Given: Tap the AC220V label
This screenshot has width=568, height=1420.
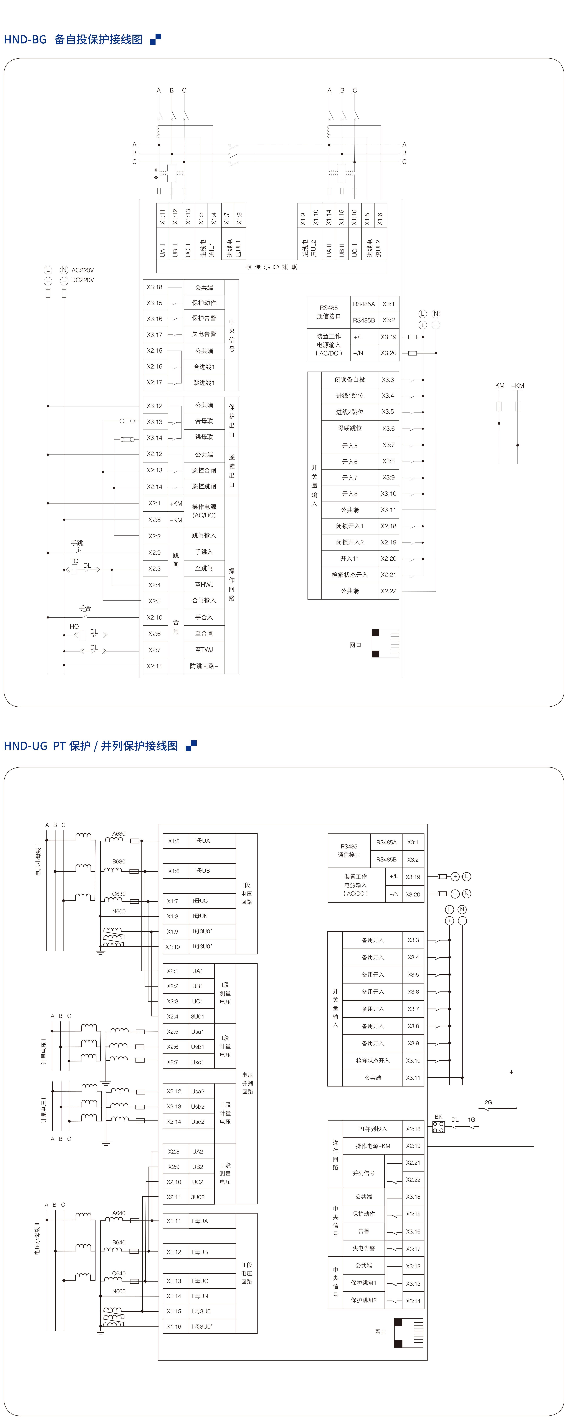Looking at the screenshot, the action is click(83, 270).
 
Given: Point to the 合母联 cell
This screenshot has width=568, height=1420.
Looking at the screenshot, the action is click(204, 421).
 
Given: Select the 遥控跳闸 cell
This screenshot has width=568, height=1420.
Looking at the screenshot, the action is click(204, 486).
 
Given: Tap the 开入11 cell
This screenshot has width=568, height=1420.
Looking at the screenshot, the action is click(350, 558).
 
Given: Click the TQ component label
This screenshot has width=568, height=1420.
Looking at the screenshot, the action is click(74, 561).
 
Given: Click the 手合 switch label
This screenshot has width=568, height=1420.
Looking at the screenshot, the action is click(85, 608).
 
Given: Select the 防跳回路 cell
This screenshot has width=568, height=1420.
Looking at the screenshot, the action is click(204, 666).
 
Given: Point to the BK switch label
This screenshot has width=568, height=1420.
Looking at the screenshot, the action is click(439, 1117).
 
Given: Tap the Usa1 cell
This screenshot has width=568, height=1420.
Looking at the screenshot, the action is click(198, 1031).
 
